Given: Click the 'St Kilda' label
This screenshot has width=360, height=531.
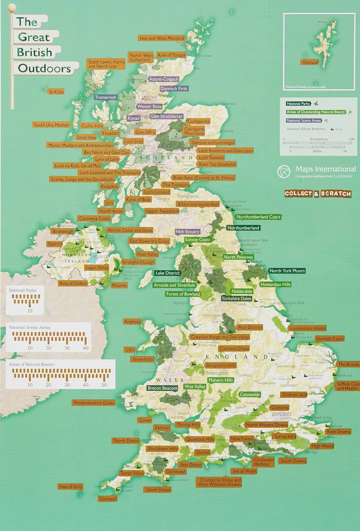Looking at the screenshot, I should (56, 92).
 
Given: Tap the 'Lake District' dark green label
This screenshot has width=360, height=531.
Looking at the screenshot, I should (167, 273).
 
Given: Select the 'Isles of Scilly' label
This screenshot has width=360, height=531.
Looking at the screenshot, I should (71, 486).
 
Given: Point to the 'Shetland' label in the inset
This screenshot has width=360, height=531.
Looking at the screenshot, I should (310, 62).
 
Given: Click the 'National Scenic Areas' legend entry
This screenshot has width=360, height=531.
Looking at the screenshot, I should (304, 120).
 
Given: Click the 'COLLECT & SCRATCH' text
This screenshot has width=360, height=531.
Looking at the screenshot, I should (318, 194).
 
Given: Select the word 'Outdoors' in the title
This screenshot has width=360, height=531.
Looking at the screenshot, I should (44, 68).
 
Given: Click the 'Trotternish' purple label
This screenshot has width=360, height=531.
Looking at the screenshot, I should (105, 97).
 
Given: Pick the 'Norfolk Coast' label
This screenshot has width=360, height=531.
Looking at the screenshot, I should (329, 339).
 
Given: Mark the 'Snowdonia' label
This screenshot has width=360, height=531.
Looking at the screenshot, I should (143, 359).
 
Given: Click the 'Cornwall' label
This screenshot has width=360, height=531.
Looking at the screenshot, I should (108, 499).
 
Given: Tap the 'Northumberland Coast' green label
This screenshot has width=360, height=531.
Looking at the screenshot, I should (258, 217).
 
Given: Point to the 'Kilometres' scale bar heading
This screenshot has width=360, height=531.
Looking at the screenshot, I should (319, 139).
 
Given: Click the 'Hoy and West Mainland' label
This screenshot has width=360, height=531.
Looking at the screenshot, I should (162, 39).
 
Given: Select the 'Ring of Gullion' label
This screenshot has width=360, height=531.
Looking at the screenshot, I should (73, 283).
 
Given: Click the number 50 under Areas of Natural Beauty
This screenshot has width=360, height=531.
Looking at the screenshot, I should (104, 385).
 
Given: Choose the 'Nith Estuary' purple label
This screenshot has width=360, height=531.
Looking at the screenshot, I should (187, 232).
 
